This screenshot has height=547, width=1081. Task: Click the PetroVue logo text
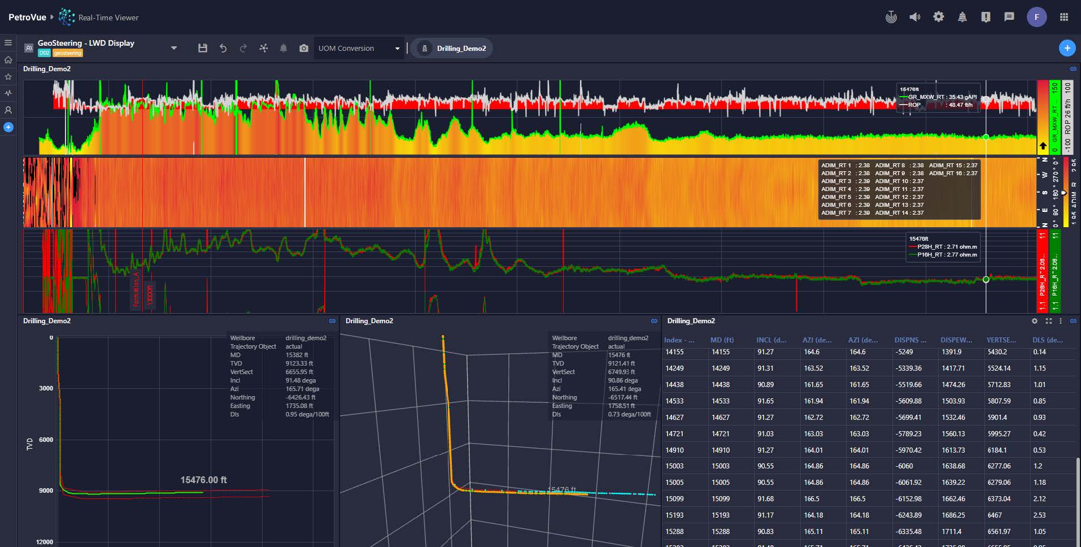27,18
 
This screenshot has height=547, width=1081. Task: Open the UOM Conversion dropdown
359,49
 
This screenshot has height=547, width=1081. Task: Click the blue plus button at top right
1066,49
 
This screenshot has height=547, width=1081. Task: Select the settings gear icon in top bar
938,17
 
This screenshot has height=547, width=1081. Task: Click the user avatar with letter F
1036,17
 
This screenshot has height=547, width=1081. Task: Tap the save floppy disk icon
203,49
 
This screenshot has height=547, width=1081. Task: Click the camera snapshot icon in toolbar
304,49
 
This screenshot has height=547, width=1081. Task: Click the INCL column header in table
771,340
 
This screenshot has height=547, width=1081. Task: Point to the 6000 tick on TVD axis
46,440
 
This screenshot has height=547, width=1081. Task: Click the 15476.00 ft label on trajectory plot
203,480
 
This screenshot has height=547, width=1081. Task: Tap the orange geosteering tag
68,53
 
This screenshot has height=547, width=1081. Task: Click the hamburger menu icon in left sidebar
8,43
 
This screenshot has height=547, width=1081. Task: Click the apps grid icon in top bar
1064,17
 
